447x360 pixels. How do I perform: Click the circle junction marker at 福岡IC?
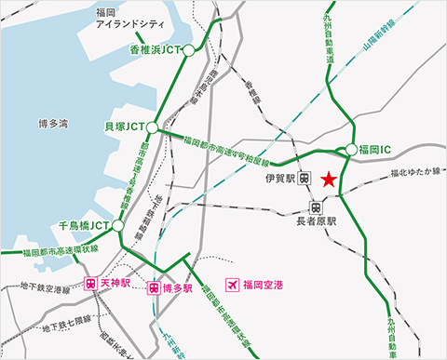coord(351,149)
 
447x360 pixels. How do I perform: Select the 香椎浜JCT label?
coord(154,51)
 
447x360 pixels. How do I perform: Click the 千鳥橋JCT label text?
coord(85,225)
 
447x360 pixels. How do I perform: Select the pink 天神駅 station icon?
coord(91,286)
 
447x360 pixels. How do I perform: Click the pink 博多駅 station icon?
coord(156,288)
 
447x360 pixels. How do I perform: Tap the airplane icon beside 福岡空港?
coord(232,285)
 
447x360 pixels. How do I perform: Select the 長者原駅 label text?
coord(316,223)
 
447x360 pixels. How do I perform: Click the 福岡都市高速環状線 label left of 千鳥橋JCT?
coord(61,248)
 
